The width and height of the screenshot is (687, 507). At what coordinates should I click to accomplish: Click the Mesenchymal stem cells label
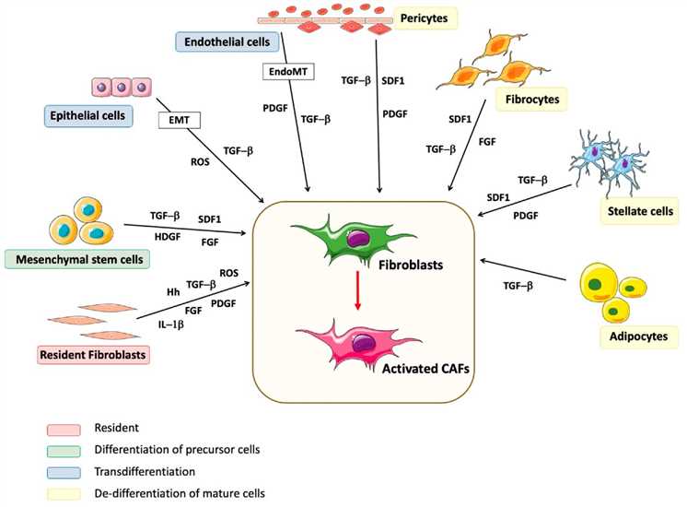[76, 259]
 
